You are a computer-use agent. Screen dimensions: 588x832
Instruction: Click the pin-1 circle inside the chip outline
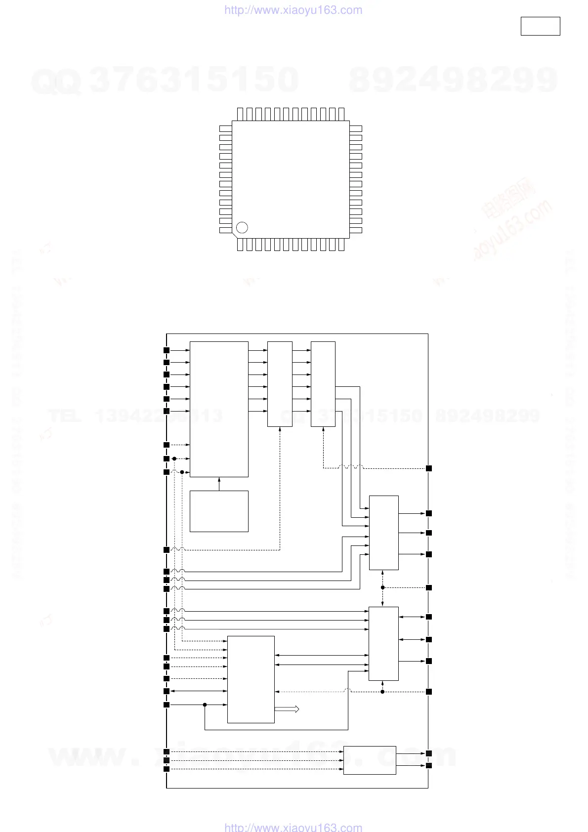[242, 227]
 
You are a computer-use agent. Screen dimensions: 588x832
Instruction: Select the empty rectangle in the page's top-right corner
[540, 26]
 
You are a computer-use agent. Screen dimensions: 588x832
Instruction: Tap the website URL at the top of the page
[293, 10]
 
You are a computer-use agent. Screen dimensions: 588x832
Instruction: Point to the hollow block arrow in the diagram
[287, 709]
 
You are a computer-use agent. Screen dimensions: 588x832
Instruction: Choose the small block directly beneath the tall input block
[219, 511]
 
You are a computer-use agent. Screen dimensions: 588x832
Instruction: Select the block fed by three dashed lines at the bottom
[370, 760]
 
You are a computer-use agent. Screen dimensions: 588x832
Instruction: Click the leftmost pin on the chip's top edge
[240, 114]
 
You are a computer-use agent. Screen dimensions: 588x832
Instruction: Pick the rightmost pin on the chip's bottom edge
[341, 245]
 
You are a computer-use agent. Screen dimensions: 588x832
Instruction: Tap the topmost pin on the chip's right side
[356, 128]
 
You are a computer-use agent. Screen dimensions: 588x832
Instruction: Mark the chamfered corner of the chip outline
[235, 236]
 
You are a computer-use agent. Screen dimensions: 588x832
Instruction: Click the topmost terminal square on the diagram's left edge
[167, 350]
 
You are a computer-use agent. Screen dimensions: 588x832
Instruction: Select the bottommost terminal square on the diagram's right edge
[429, 765]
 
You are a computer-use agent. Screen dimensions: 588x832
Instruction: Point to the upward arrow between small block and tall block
[219, 484]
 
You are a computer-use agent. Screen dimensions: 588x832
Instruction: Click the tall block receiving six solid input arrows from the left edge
[219, 409]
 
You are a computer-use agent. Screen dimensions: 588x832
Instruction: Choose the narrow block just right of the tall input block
[280, 384]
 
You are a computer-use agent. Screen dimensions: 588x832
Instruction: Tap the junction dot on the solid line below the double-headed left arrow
[205, 705]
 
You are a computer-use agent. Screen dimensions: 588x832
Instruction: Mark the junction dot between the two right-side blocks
[383, 587]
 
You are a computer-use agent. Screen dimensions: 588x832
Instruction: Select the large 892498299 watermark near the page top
[453, 80]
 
